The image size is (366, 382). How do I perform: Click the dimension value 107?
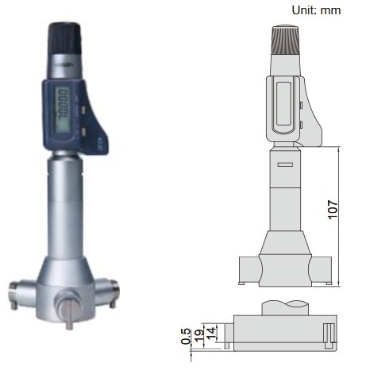click(332, 209)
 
